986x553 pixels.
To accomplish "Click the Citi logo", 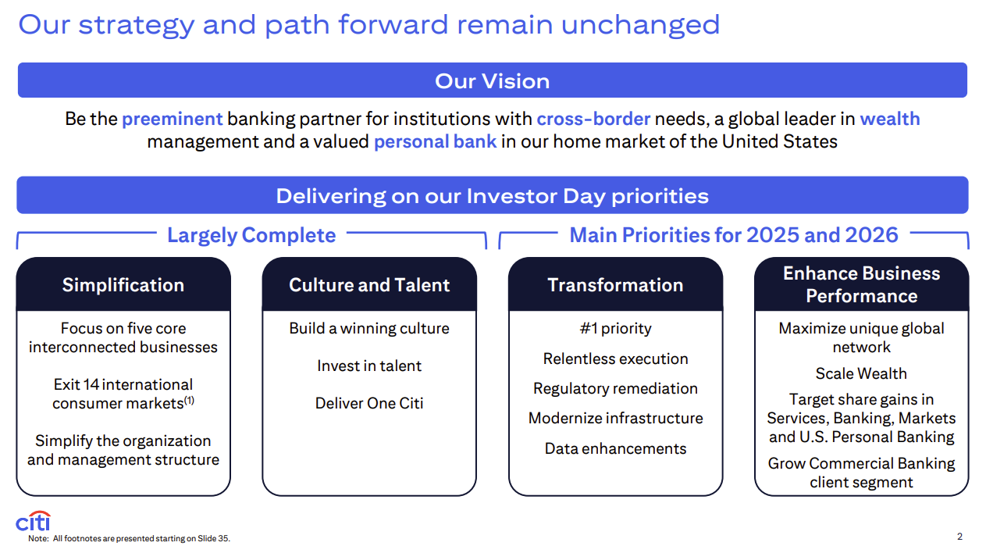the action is [33, 521].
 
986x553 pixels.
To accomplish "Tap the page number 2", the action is [959, 537].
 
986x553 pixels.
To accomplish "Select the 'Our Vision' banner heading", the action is [492, 81].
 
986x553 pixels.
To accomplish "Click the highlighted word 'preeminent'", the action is [172, 119].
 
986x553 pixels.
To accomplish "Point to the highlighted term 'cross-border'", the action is [593, 119].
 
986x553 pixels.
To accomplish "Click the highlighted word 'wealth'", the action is [890, 119].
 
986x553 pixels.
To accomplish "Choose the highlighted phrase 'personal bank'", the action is [436, 142].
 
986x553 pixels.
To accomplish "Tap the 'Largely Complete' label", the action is [251, 235].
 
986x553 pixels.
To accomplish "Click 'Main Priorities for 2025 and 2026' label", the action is [734, 234].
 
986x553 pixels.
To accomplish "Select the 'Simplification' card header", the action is [123, 285].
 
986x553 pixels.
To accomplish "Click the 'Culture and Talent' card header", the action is [369, 285].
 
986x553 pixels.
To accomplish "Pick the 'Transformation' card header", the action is [615, 285].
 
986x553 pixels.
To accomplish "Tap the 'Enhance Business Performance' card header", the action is [861, 285].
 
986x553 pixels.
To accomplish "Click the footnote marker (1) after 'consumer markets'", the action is [189, 400].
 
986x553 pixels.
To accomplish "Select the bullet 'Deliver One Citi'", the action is [369, 403].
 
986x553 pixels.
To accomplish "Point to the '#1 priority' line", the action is [615, 329].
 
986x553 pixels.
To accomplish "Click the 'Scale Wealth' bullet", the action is [861, 374].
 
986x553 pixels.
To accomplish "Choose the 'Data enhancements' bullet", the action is [615, 448].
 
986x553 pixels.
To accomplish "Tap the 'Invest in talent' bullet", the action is [369, 366].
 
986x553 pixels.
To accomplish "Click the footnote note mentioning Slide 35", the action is [129, 538].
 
